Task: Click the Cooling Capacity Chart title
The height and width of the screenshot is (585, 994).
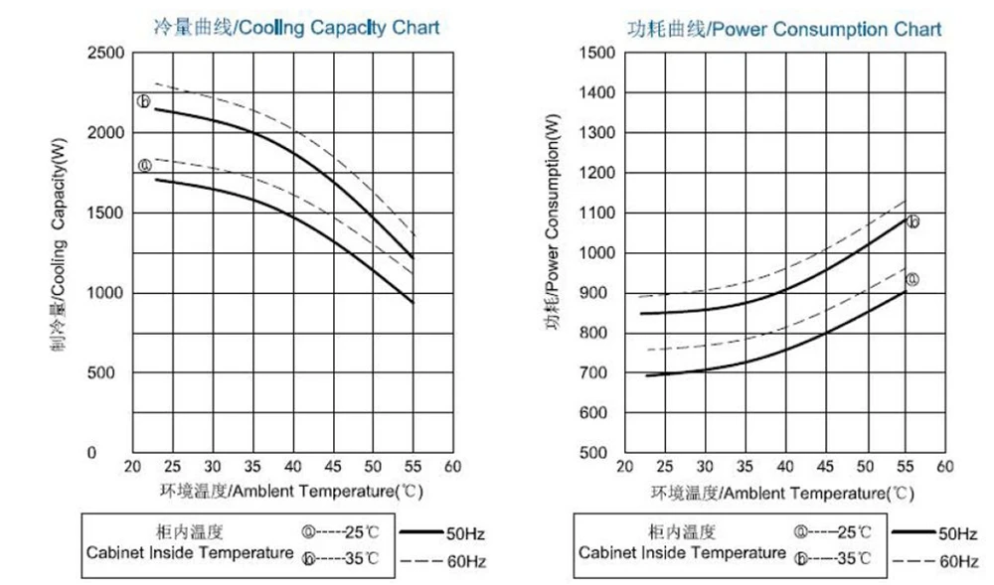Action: pyautogui.click(x=296, y=28)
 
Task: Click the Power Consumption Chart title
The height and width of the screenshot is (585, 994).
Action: pyautogui.click(x=784, y=28)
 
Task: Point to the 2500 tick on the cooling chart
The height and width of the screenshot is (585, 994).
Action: pyautogui.click(x=105, y=53)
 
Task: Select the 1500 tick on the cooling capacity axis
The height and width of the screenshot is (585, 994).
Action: pyautogui.click(x=105, y=213)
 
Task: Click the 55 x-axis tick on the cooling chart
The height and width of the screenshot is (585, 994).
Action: pyautogui.click(x=412, y=466)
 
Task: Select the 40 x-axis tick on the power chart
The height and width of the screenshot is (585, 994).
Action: pyautogui.click(x=784, y=466)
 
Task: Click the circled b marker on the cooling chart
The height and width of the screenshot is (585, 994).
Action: pyautogui.click(x=143, y=101)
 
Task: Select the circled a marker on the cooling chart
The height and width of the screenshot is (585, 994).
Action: pyautogui.click(x=144, y=166)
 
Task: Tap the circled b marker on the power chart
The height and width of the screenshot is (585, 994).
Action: pyautogui.click(x=912, y=221)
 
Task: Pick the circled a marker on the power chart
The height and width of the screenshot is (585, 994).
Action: pyautogui.click(x=911, y=280)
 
